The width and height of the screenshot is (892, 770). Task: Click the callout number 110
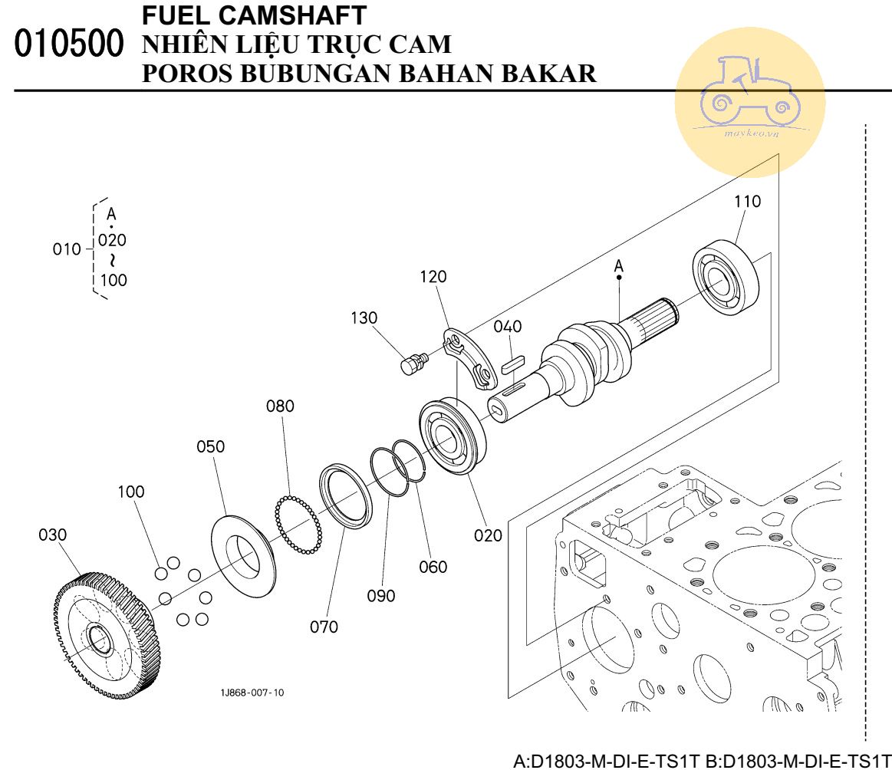point(747,202)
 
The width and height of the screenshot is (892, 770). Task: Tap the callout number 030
point(53,535)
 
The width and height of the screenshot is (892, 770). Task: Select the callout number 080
point(280,406)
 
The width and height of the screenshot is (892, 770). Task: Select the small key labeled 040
point(512,363)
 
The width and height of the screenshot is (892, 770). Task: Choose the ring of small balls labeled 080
point(298,525)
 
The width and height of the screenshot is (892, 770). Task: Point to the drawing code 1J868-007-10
point(252,693)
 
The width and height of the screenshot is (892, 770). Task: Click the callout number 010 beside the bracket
point(67,249)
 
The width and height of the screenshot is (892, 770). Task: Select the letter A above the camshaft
point(619,266)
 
